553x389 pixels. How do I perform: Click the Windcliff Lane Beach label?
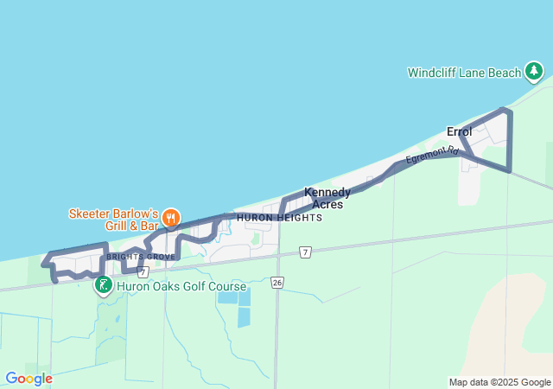pyautogui.click(x=464, y=73)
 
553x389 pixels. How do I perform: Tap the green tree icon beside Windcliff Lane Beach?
pyautogui.click(x=535, y=72)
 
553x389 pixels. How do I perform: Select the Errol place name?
pyautogui.click(x=459, y=131)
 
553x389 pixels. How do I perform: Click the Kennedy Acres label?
pyautogui.click(x=327, y=198)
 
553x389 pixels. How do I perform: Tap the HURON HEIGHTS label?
pyautogui.click(x=279, y=218)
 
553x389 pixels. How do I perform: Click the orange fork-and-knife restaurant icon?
pyautogui.click(x=170, y=217)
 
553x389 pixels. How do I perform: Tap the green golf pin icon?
pyautogui.click(x=103, y=284)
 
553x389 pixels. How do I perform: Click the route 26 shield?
pyautogui.click(x=276, y=282)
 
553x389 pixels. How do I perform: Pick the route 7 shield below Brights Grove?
pyautogui.click(x=143, y=271)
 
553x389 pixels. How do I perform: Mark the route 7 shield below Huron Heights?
pyautogui.click(x=305, y=252)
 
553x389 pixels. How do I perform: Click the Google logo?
pyautogui.click(x=29, y=379)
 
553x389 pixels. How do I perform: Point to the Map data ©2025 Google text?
pyautogui.click(x=499, y=382)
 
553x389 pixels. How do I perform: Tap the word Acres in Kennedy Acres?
pyautogui.click(x=327, y=205)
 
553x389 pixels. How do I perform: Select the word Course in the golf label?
pyautogui.click(x=226, y=286)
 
